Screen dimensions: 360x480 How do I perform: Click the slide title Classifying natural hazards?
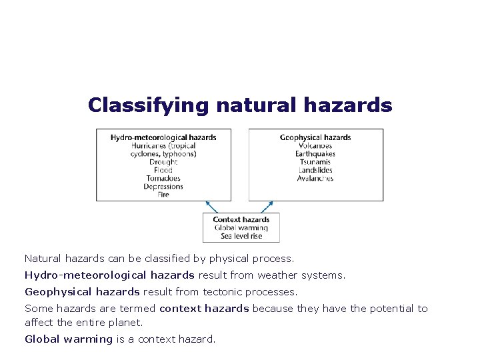click(x=240, y=105)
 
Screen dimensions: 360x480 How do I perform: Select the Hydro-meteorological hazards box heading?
click(x=163, y=137)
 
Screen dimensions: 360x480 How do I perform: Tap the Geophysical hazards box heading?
click(x=315, y=137)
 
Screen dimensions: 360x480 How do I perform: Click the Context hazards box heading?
click(x=241, y=219)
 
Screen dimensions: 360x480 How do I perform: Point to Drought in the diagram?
click(x=163, y=162)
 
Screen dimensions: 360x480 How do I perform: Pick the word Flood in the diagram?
click(x=163, y=170)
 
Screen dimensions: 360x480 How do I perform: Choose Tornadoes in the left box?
click(x=163, y=178)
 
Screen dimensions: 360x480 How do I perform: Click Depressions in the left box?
click(x=163, y=187)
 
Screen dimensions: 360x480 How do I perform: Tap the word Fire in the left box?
click(x=163, y=195)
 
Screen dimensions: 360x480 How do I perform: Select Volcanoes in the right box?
click(x=315, y=145)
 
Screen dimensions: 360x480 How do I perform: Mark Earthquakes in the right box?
click(x=315, y=154)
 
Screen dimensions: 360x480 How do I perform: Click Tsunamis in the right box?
click(x=315, y=162)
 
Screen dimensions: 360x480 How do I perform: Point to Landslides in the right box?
click(x=315, y=170)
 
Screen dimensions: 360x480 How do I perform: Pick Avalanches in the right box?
click(x=315, y=178)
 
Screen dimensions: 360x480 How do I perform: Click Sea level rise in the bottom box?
click(x=241, y=235)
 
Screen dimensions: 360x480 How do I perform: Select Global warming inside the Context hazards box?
click(x=241, y=227)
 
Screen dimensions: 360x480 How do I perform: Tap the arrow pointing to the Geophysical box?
click(x=266, y=207)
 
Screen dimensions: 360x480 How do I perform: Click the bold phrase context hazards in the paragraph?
click(x=204, y=309)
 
